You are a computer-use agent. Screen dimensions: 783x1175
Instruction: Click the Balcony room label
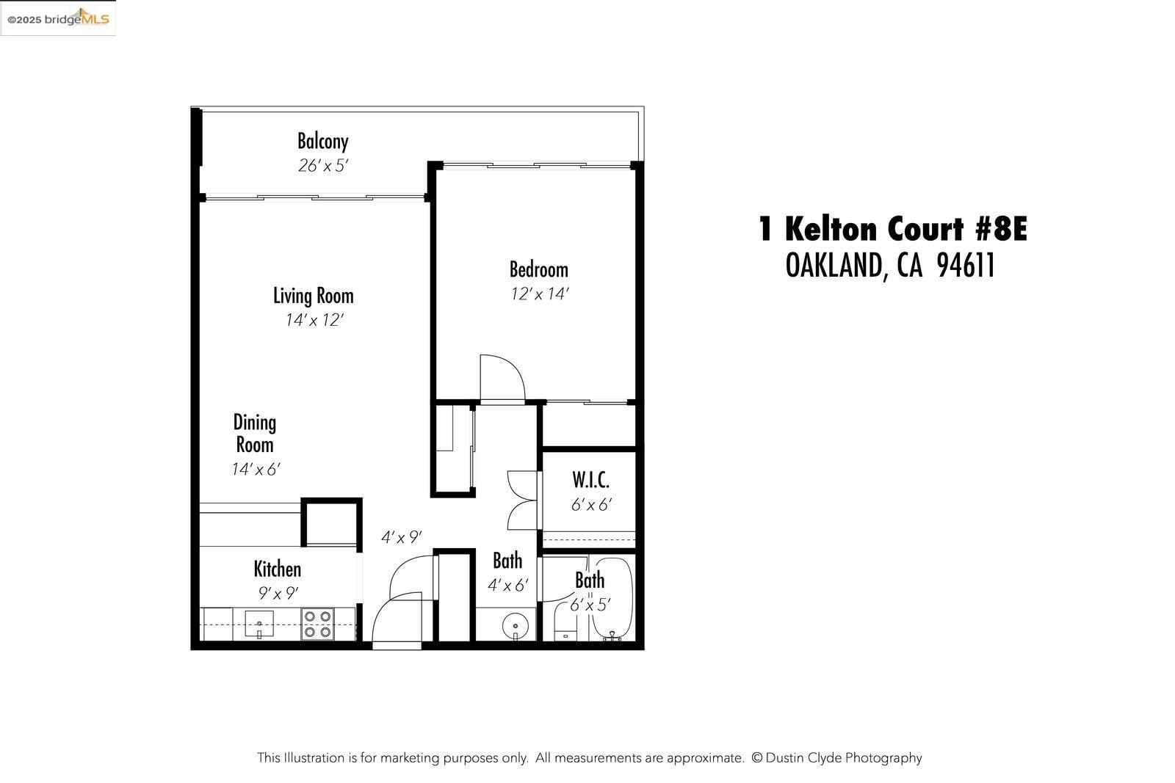322,140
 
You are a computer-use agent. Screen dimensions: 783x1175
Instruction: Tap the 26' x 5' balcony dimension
322,166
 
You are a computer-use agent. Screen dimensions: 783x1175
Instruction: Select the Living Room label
314,296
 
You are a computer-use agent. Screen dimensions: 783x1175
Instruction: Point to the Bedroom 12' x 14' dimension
540,294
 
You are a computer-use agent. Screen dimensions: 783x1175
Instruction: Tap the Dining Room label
254,433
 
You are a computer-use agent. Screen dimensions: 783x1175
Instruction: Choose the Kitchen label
277,569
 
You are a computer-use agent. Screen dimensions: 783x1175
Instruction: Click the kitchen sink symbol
258,624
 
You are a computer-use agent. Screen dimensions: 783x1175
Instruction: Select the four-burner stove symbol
318,624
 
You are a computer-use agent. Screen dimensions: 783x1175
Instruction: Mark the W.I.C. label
590,481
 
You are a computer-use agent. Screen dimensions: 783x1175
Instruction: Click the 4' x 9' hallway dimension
401,538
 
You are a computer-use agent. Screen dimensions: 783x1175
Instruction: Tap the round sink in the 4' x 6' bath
516,627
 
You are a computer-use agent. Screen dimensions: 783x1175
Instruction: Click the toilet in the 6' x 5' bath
564,630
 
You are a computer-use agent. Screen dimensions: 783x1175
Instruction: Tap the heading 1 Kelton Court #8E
892,230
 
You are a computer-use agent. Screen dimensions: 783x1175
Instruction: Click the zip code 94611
966,266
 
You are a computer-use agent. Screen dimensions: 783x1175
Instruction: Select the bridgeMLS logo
58,18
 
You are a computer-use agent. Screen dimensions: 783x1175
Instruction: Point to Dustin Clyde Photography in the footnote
845,757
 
